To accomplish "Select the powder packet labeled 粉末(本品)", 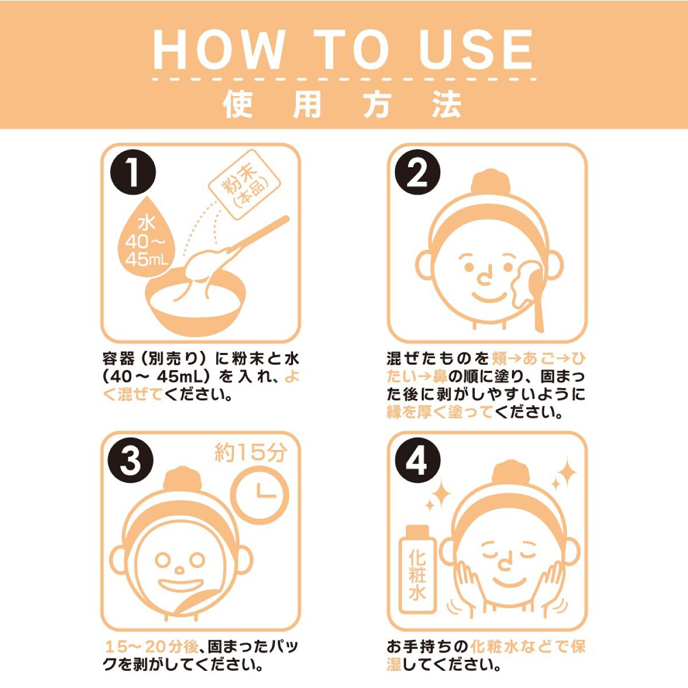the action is point(245,185).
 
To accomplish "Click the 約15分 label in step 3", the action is point(251,452).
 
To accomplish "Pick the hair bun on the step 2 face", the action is point(488,183).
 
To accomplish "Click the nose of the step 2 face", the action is point(484,276).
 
